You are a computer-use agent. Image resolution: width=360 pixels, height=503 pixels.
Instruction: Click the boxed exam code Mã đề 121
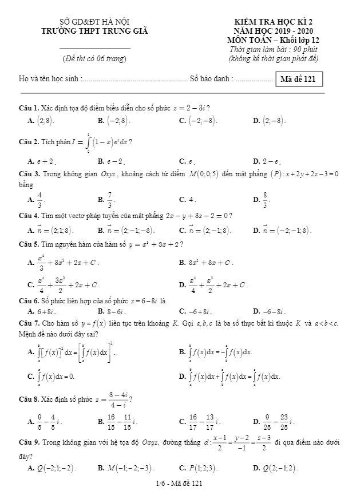[x=299, y=79]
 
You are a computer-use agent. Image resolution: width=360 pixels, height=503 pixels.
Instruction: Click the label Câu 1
[x=28, y=108]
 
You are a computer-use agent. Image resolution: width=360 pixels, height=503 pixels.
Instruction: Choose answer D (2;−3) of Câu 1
[x=272, y=121]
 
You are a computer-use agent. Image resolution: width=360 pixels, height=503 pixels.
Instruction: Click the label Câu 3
[x=28, y=173]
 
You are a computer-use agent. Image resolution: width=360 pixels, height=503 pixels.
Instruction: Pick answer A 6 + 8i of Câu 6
[x=45, y=311]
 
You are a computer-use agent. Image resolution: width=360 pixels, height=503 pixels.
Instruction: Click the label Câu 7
[x=28, y=323]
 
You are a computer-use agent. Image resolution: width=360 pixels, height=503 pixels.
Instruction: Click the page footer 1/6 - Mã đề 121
[x=180, y=484]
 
